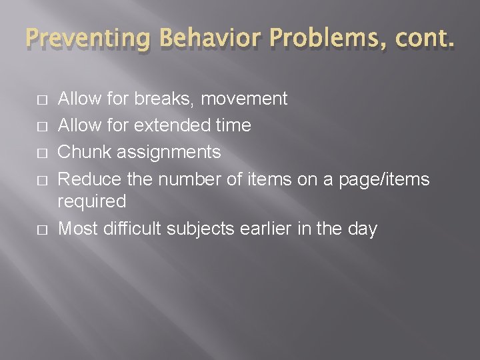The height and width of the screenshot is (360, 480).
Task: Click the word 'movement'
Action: [244, 99]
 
